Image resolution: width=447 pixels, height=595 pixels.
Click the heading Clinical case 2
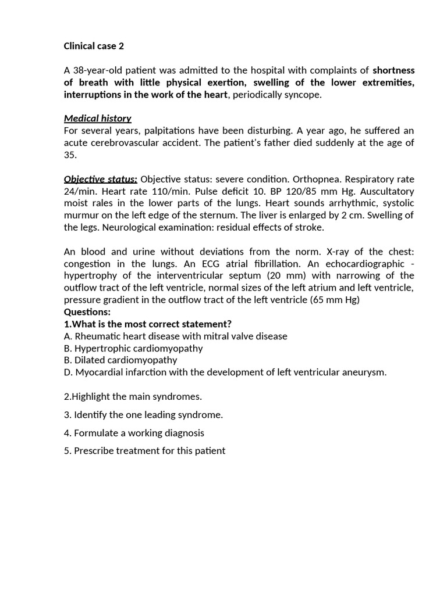click(x=94, y=46)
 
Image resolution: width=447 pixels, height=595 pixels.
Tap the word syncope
click(x=303, y=95)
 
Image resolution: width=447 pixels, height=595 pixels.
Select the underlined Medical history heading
click(x=97, y=119)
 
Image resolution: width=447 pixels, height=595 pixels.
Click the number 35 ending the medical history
click(x=69, y=155)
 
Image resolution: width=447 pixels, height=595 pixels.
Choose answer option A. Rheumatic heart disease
click(x=175, y=336)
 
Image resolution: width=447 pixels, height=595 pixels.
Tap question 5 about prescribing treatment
click(x=144, y=450)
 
